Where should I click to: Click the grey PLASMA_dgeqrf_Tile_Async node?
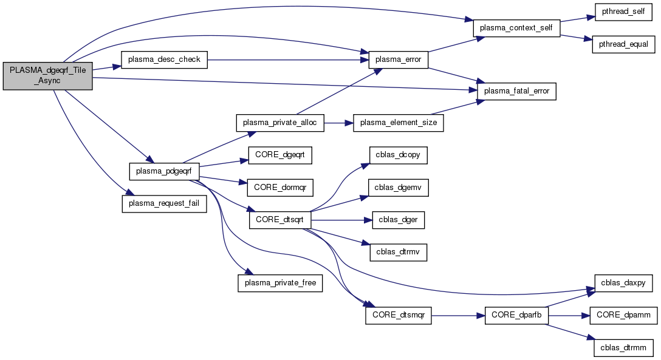47,76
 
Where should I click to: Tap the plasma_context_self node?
516,29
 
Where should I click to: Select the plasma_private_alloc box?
280,123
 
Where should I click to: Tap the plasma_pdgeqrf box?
164,171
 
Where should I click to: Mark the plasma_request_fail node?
165,203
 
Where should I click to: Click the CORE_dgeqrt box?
279,155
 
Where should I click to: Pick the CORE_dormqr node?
279,188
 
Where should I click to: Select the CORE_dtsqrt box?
280,220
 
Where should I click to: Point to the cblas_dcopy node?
398,155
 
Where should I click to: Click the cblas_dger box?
398,220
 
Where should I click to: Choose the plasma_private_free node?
280,284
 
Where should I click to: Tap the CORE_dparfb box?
516,316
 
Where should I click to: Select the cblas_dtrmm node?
623,348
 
